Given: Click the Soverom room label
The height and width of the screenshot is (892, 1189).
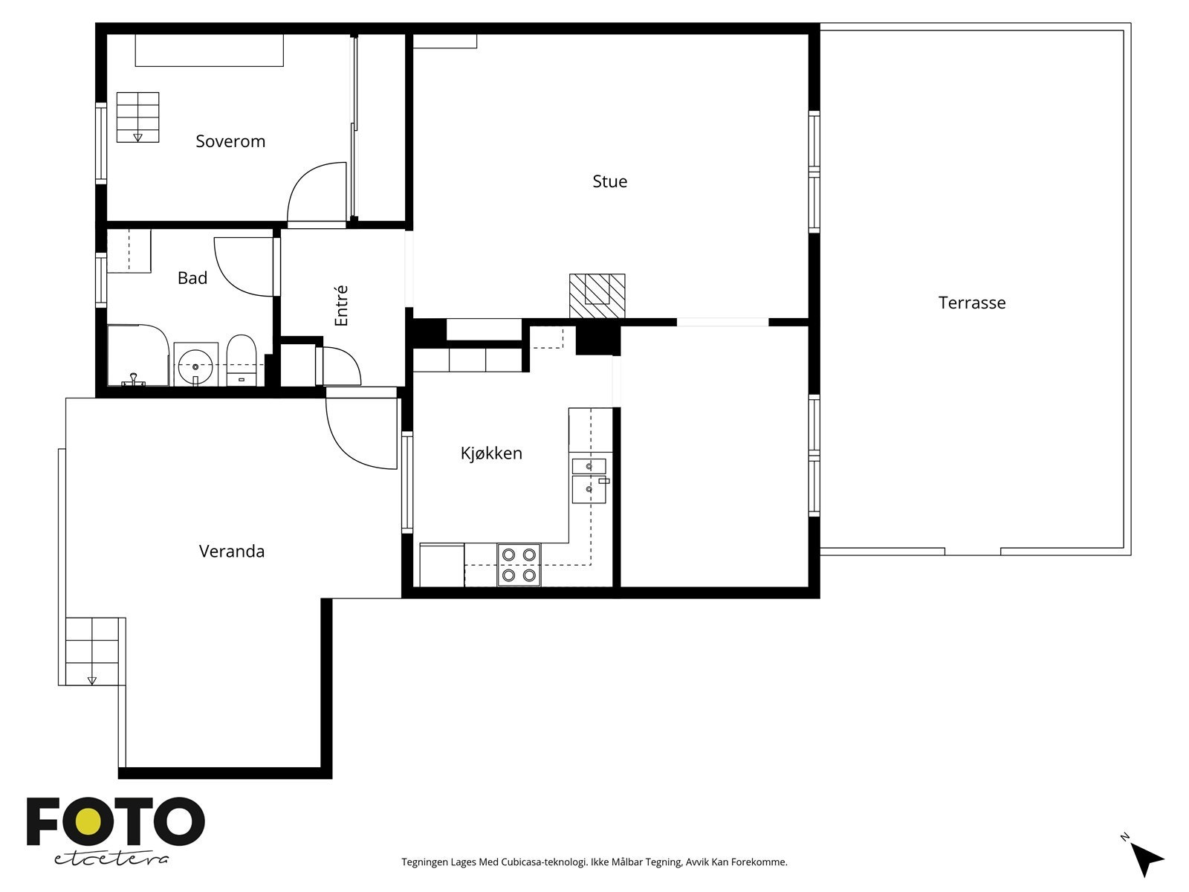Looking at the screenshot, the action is tap(230, 141).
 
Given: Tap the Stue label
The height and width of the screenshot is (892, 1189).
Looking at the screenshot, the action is tap(610, 181).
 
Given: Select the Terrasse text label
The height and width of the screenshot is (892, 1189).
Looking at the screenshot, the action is tap(972, 303).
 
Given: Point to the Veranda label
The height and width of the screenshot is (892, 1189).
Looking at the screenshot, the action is tap(232, 552).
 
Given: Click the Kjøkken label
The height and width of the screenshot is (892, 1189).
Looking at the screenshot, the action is tap(491, 453).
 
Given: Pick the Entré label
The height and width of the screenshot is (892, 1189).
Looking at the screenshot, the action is tap(341, 306).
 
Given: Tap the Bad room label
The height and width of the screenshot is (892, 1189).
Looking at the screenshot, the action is tap(192, 278).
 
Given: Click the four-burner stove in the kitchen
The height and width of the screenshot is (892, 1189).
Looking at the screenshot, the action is tap(519, 565).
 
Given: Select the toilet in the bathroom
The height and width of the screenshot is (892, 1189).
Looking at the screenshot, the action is tap(241, 361).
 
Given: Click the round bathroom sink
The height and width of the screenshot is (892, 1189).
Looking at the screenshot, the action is tap(195, 366).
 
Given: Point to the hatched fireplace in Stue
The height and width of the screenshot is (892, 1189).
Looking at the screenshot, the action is tap(597, 296).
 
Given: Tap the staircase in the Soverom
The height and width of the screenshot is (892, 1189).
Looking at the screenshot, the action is tap(137, 117).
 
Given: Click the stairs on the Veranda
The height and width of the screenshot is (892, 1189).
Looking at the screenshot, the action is tap(92, 651).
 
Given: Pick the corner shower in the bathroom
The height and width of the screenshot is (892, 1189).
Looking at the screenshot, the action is tap(139, 355).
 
